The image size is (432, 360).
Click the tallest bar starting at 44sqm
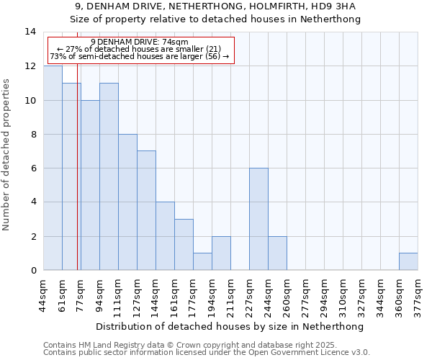53,168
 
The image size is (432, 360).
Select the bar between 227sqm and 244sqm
258,219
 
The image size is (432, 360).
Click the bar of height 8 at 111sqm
127,202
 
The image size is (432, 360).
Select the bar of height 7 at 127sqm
146,210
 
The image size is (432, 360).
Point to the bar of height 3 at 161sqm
184,245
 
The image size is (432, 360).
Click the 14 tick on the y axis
30,32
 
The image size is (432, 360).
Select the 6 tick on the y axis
33,168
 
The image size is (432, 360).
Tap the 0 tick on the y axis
33,271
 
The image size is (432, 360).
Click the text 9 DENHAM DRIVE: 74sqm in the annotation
140,42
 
